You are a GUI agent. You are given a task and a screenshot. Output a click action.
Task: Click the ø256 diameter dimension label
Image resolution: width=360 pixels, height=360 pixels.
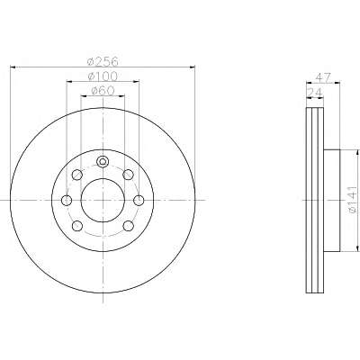coord(103,61)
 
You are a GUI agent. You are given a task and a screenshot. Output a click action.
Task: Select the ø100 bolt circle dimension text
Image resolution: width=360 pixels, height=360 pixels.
coord(103,76)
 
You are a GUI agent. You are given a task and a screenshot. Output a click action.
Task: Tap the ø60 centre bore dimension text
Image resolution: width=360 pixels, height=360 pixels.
coord(103,91)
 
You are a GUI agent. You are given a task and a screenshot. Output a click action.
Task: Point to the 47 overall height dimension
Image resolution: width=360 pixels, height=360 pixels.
coord(323,77)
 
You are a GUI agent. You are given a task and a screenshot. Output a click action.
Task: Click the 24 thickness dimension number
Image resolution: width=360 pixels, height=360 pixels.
coord(314,92)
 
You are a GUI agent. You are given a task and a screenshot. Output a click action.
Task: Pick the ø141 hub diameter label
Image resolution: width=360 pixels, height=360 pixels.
coord(353,200)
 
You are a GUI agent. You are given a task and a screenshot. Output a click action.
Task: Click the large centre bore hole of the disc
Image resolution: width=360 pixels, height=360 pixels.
coord(103,200)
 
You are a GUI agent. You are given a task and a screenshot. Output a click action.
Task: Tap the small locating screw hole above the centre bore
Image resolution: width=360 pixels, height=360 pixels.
coord(103,162)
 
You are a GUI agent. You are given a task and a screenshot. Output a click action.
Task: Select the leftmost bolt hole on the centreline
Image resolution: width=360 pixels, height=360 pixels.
coord(67,200)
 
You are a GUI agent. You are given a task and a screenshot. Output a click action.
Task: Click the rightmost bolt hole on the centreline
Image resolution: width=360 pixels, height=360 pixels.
coord(139,200)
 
